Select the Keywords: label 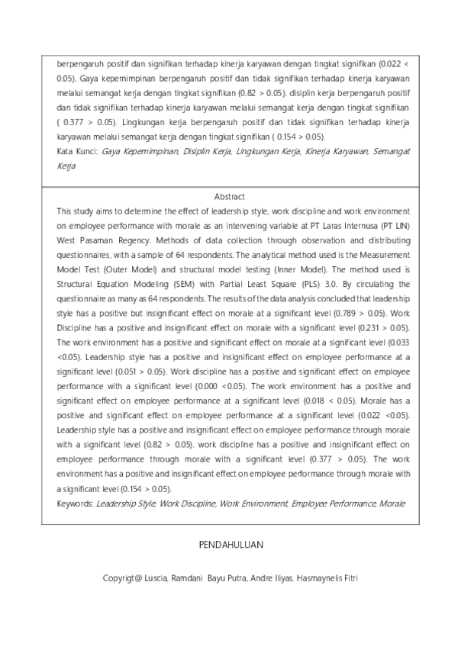(x=76, y=504)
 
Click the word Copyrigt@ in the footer (x=125, y=578)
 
